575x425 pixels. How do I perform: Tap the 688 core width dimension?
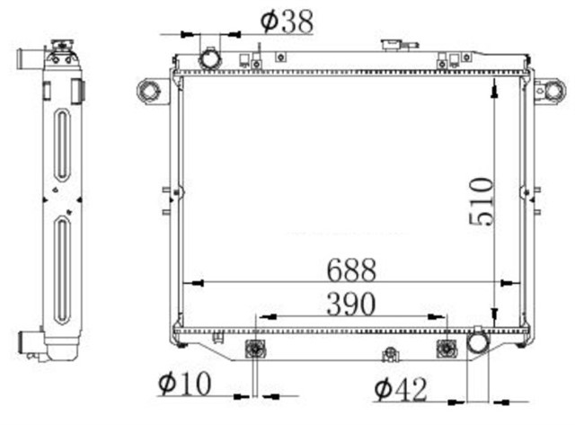coord(350,270)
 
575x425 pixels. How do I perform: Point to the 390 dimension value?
coord(349,305)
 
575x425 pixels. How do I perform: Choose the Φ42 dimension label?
coord(400,390)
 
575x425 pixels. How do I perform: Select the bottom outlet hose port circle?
coord(476,342)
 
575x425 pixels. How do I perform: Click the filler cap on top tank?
coord(392,44)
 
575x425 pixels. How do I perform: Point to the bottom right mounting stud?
coord(446,349)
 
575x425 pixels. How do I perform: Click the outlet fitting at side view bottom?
coord(31,344)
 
